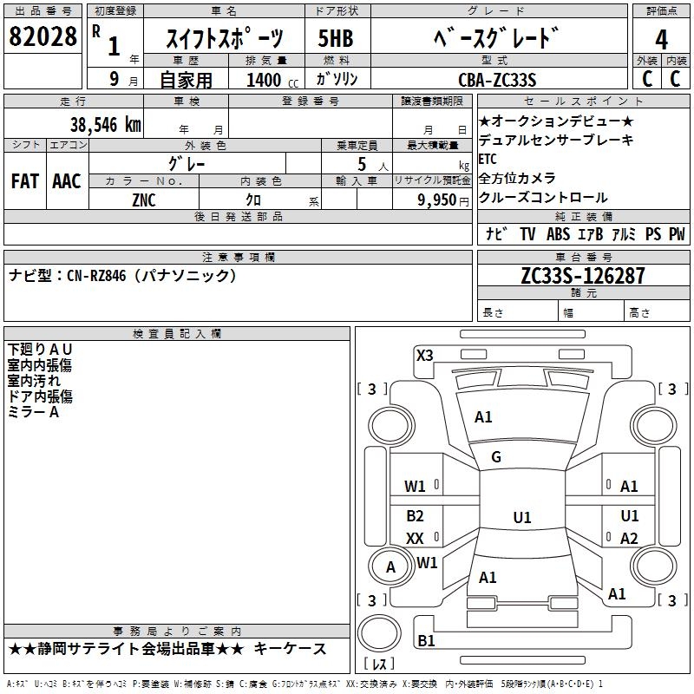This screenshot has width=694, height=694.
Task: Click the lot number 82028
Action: (43, 37)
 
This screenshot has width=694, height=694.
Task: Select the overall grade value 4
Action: (661, 39)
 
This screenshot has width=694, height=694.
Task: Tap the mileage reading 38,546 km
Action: (105, 124)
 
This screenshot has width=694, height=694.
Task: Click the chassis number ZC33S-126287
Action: (582, 276)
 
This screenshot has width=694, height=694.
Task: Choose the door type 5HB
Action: (336, 38)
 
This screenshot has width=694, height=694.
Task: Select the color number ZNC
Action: (144, 200)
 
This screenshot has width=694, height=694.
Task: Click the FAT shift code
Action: (24, 181)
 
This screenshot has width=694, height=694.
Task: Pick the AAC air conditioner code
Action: (66, 181)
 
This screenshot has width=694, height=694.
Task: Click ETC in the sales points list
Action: (488, 159)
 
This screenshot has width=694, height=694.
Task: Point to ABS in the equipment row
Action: (558, 234)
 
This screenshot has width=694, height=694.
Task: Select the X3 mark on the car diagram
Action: (424, 355)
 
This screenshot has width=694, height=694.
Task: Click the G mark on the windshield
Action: (496, 457)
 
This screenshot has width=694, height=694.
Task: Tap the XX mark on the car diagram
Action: (415, 538)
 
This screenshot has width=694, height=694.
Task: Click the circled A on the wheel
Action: (390, 567)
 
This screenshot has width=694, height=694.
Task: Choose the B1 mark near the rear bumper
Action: (426, 640)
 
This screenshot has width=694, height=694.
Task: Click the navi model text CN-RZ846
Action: (96, 275)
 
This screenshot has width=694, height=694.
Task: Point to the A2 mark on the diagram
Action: (629, 539)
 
